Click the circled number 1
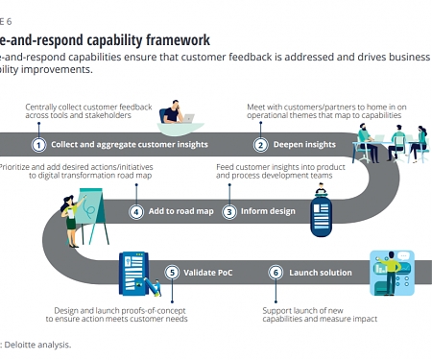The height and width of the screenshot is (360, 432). point(39,145)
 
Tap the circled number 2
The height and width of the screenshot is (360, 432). point(260,145)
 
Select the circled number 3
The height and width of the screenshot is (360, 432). point(229,211)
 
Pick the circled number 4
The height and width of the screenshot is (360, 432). point(136,211)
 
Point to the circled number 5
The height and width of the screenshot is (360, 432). point(173,273)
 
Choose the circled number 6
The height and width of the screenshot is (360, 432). point(276,273)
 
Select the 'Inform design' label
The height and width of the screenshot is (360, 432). point(268,211)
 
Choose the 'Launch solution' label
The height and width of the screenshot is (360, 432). point(321,273)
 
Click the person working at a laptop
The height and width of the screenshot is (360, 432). point(176,114)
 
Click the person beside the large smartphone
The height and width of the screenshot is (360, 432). point(393,273)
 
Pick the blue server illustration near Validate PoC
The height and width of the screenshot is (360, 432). point(134,273)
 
